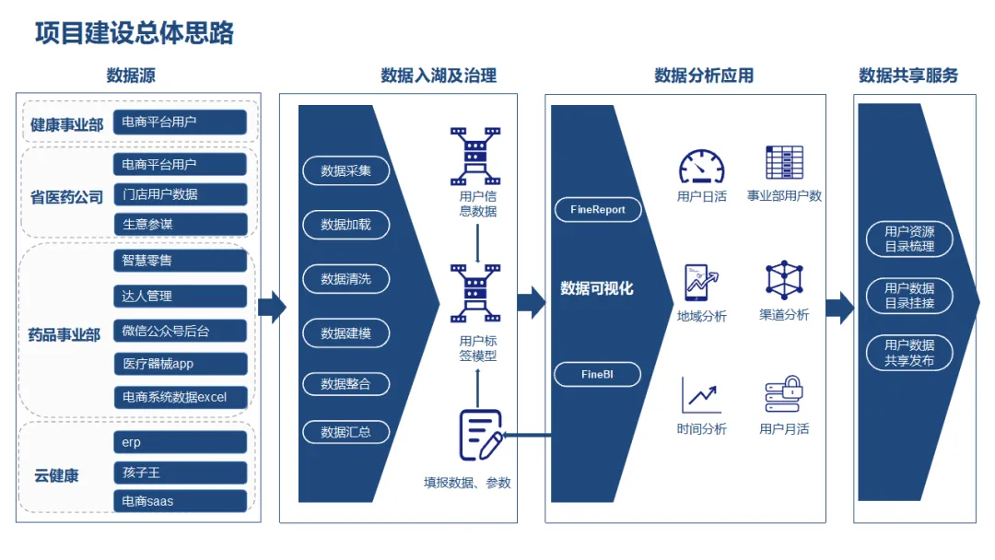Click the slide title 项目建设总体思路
pyautogui.click(x=134, y=33)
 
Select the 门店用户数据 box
pyautogui.click(x=181, y=194)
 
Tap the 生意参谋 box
pyautogui.click(x=181, y=224)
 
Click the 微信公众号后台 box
pyautogui.click(x=181, y=331)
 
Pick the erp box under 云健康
pyautogui.click(x=181, y=442)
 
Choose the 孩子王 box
pyautogui.click(x=181, y=472)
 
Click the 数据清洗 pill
pyautogui.click(x=345, y=279)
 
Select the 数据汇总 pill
pyautogui.click(x=345, y=432)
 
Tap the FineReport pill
pyautogui.click(x=598, y=209)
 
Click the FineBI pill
pyautogui.click(x=597, y=374)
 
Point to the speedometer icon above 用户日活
pyautogui.click(x=701, y=166)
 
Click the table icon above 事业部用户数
pyautogui.click(x=784, y=162)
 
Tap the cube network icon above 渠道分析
pyautogui.click(x=784, y=279)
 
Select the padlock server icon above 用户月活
pyautogui.click(x=784, y=394)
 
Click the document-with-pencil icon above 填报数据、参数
pyautogui.click(x=480, y=435)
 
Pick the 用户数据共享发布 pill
pyautogui.click(x=909, y=353)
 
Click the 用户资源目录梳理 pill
pyautogui.click(x=909, y=239)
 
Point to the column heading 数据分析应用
pyautogui.click(x=704, y=76)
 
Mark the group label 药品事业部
pyautogui.click(x=64, y=335)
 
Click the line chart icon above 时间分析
pyautogui.click(x=700, y=394)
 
